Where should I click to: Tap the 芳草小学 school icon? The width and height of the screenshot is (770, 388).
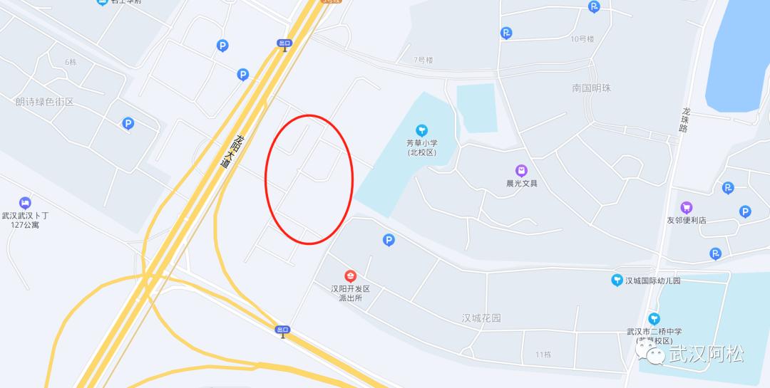[422, 130]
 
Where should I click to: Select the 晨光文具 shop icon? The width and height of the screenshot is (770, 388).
[522, 171]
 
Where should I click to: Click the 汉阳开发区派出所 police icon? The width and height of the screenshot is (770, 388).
[350, 276]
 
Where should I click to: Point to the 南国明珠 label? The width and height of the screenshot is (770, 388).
[591, 88]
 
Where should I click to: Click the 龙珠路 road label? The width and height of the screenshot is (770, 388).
[685, 120]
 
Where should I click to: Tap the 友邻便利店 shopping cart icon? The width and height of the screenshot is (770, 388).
[687, 208]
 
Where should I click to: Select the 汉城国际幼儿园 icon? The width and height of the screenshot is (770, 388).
[617, 280]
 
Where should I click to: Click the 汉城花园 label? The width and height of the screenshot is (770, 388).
[481, 318]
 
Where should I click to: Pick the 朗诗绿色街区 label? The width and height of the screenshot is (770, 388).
[45, 102]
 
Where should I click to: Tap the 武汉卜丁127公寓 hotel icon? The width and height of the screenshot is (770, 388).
[25, 203]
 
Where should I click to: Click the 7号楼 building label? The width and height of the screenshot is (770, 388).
[423, 61]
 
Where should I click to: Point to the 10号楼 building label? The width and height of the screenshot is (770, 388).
[582, 39]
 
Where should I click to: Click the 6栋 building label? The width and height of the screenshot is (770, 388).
[71, 62]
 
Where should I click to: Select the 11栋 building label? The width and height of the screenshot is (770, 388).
[543, 355]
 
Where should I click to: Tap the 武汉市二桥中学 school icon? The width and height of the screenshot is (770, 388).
[654, 318]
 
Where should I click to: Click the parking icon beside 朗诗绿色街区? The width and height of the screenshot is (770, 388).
[128, 124]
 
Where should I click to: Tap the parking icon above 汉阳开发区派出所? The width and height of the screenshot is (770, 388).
[389, 240]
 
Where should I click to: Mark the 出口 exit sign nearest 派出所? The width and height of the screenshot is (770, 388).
[282, 330]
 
